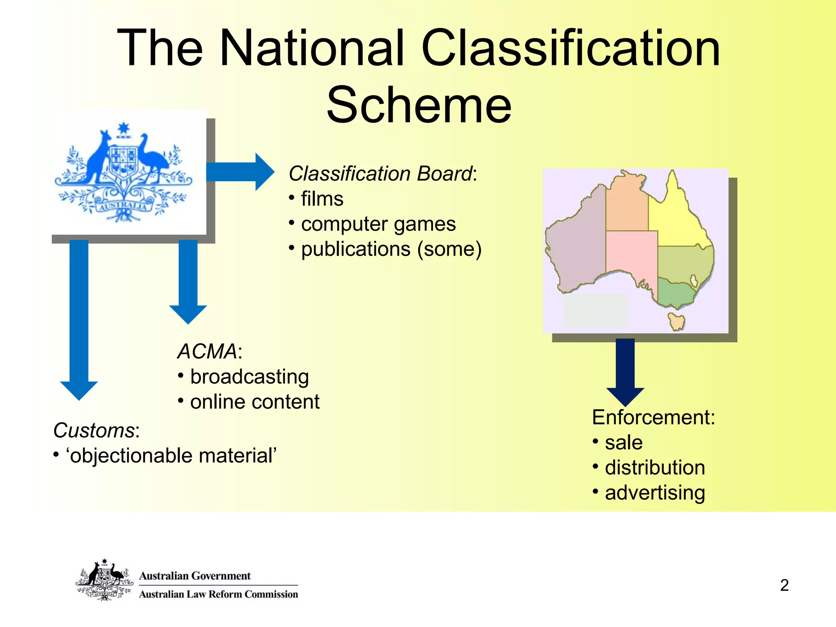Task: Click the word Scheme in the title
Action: click(x=419, y=105)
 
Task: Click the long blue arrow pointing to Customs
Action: click(x=79, y=318)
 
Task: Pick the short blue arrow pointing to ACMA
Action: click(x=188, y=282)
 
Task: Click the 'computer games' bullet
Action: click(x=378, y=224)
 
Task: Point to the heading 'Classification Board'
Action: click(x=380, y=173)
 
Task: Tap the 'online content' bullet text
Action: click(x=254, y=402)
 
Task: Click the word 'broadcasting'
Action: click(x=249, y=376)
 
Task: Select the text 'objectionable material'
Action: click(x=171, y=456)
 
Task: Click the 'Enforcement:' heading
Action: click(x=653, y=417)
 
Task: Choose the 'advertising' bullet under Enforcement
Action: click(x=655, y=493)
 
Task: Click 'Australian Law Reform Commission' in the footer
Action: click(x=218, y=594)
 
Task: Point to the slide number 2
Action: click(x=784, y=585)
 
